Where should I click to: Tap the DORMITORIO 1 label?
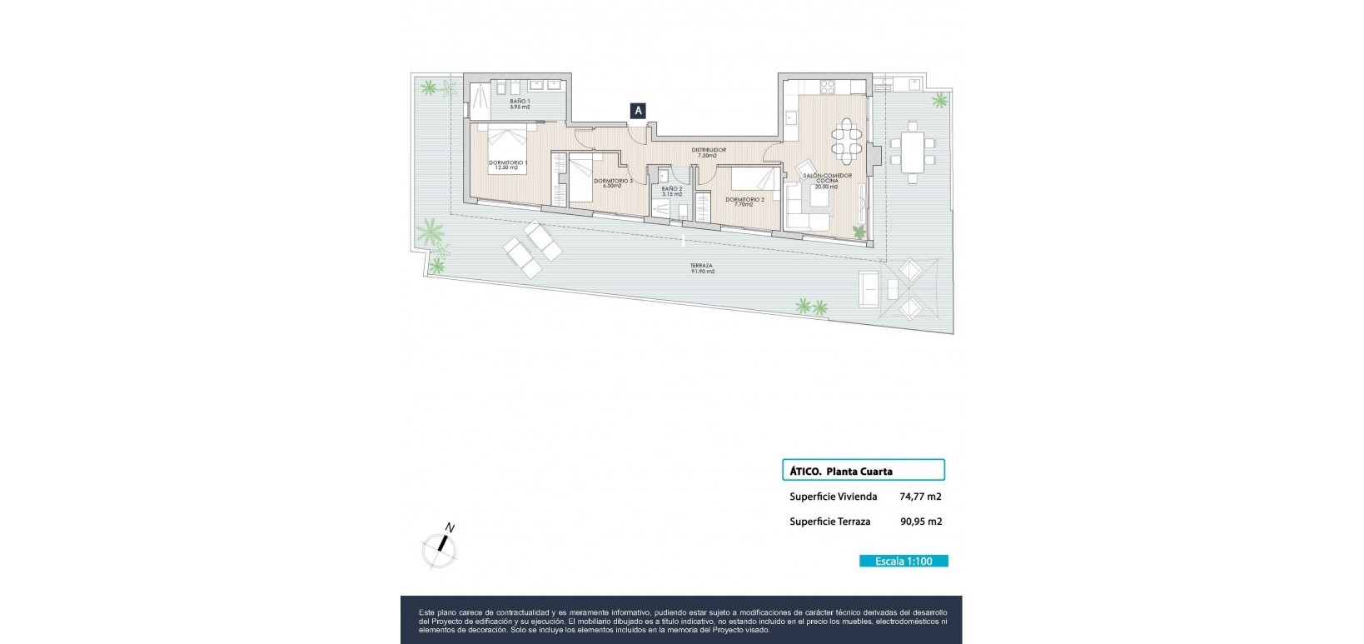508,164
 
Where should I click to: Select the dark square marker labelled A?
638,110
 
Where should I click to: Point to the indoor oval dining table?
847,142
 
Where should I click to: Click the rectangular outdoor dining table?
913,152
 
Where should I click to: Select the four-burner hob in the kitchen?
829,85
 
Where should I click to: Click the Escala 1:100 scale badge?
904,561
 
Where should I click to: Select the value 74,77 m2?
920,497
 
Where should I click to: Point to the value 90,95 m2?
920,522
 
